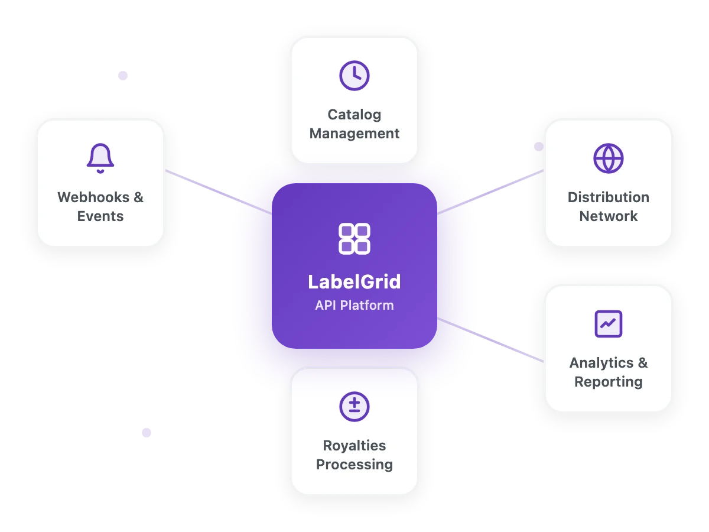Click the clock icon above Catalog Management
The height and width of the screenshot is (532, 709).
354,75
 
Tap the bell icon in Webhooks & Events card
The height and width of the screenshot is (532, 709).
100,158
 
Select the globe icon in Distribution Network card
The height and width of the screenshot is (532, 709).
609,158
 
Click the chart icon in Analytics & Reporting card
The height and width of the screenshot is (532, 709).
609,323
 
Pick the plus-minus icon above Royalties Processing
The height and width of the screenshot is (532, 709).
354,406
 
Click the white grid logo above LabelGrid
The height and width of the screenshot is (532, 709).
354,239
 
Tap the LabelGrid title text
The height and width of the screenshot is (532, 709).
354,281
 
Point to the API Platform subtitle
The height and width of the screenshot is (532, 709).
354,306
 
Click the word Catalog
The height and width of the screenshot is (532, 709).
354,115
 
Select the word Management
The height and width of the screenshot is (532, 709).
354,134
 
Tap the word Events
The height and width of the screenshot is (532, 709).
100,216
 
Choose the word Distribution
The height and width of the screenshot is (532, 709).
609,197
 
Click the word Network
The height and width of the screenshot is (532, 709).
609,216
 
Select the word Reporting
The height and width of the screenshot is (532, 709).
609,382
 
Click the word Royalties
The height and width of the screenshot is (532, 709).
354,446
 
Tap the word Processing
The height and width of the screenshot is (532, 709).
354,465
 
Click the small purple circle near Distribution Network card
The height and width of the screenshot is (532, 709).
538,147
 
